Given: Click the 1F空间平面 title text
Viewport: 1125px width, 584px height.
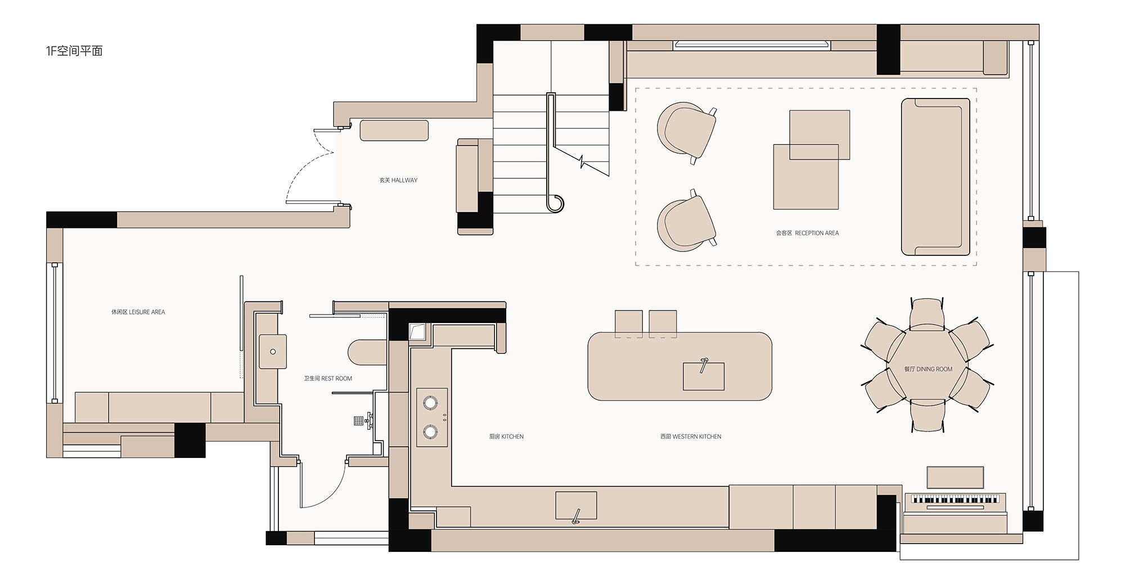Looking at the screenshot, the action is pos(74,51).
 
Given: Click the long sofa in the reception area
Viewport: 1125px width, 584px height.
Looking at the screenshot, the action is pos(935,177).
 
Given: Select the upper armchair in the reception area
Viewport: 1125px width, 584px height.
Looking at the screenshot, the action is pos(686,132).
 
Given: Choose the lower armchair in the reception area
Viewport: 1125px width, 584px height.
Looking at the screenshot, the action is pos(686,221).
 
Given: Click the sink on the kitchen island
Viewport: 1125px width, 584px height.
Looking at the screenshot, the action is pos(704,376).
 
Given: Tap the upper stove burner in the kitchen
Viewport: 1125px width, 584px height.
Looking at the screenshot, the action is pos(430,402).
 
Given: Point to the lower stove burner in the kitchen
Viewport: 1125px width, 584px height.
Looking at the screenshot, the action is pos(430,432).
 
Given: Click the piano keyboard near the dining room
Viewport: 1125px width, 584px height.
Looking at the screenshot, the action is pos(955,499).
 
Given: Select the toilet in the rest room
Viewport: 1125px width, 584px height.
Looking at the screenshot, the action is pos(367,353).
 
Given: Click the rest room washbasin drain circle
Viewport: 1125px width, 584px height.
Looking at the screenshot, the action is pos(273,352).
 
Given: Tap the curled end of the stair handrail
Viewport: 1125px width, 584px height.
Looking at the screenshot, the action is pos(556,203).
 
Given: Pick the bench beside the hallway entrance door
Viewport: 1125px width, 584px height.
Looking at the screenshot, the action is pos(394,131).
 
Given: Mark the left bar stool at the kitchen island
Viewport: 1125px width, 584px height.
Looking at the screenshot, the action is pos(628,323).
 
